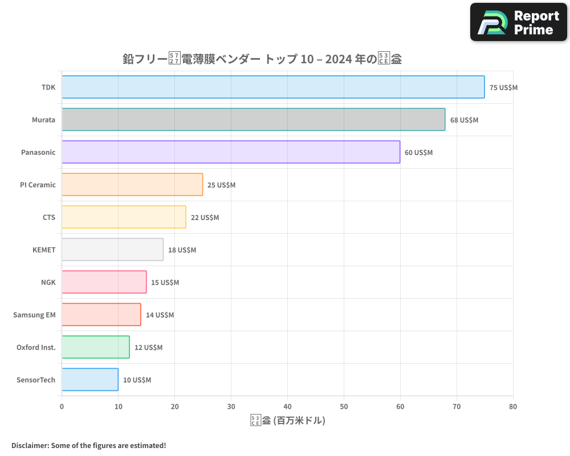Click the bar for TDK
273,87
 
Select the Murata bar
253,120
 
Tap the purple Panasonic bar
231,152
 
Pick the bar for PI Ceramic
132,185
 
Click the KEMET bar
112,250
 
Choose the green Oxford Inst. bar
95,347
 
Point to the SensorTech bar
90,380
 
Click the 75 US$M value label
503,88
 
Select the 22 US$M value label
205,218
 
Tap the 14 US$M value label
160,315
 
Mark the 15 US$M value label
165,283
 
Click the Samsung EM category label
34,315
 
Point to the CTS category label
49,217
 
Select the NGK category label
48,282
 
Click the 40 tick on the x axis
287,406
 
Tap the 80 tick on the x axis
513,406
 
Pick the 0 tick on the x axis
62,406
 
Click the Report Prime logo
519,22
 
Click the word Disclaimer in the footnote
30,445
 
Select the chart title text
262,59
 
